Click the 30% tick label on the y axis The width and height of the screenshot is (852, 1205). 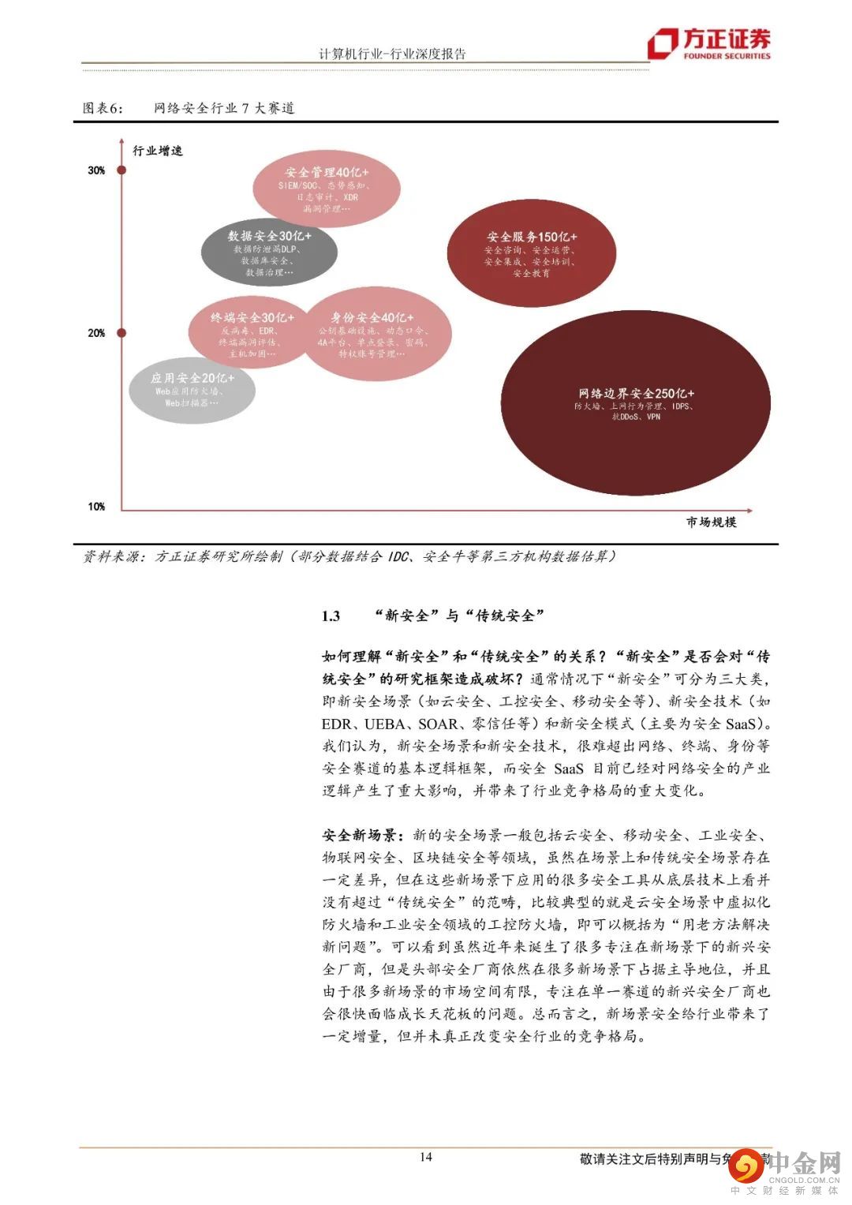pyautogui.click(x=96, y=170)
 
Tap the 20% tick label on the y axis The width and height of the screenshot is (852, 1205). pyautogui.click(x=96, y=333)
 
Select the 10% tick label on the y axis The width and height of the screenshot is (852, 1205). pyautogui.click(x=96, y=507)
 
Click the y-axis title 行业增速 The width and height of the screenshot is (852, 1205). pyautogui.click(x=158, y=150)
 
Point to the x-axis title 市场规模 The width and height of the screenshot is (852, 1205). pyautogui.click(x=711, y=522)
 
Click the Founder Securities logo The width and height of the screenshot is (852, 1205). pyautogui.click(x=708, y=44)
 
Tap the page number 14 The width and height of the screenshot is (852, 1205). pyautogui.click(x=426, y=1158)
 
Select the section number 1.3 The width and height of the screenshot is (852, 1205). pyautogui.click(x=331, y=616)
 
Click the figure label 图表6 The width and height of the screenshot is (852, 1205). pyautogui.click(x=103, y=108)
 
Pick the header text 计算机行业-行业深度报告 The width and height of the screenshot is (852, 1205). pyautogui.click(x=392, y=54)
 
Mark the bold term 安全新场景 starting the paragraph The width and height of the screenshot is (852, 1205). pyautogui.click(x=363, y=835)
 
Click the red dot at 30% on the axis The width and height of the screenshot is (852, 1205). pyautogui.click(x=121, y=170)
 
